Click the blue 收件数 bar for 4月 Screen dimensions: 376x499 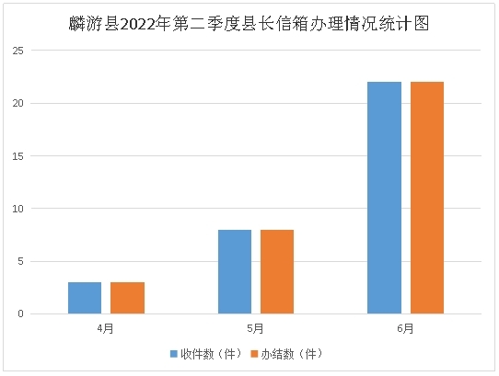pyautogui.click(x=85, y=298)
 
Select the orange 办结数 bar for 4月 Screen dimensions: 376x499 pyautogui.click(x=127, y=298)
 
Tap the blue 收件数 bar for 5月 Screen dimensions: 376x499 pyautogui.click(x=235, y=271)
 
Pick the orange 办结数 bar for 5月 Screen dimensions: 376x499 pyautogui.click(x=277, y=271)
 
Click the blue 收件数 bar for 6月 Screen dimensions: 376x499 pyautogui.click(x=384, y=198)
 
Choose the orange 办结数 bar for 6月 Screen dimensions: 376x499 pyautogui.click(x=427, y=198)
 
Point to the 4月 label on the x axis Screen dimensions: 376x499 pyautogui.click(x=106, y=327)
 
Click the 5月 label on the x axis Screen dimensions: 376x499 pyautogui.click(x=256, y=327)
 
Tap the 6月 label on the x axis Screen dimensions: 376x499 pyautogui.click(x=406, y=327)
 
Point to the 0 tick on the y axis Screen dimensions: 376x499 pyautogui.click(x=18, y=314)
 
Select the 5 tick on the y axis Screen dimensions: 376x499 pyautogui.click(x=18, y=261)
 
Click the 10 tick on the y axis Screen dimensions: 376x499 pyautogui.click(x=16, y=209)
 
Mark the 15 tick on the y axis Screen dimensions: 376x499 pyautogui.click(x=16, y=155)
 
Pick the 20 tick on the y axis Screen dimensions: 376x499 pyautogui.click(x=16, y=103)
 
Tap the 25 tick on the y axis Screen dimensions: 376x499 pyautogui.click(x=16, y=50)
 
